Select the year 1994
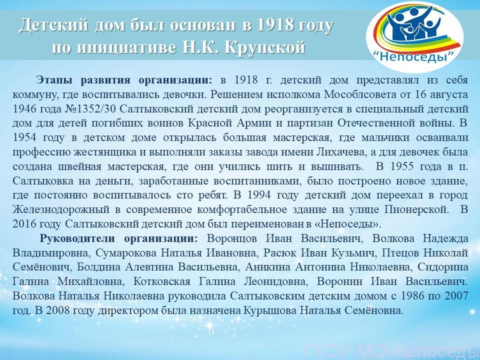click(x=259, y=195)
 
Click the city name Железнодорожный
click(x=61, y=210)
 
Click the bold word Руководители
click(x=78, y=238)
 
